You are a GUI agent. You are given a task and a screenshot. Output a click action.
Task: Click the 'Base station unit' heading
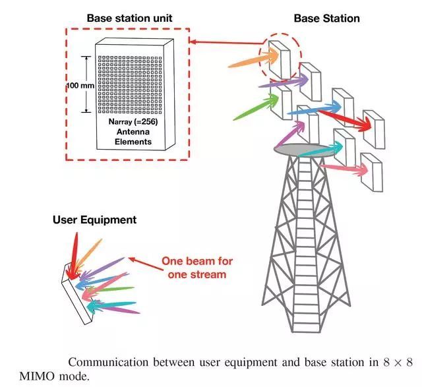[x=129, y=18]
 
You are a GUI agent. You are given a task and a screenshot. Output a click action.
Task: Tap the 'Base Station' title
[x=326, y=18]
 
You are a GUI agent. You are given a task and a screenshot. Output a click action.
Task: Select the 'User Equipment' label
[x=94, y=220]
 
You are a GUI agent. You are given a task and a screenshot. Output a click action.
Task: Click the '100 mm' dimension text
[x=80, y=86]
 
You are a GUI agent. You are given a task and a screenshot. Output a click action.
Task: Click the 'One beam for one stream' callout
[x=197, y=268]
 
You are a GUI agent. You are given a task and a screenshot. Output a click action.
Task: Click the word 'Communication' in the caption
[x=105, y=362]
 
